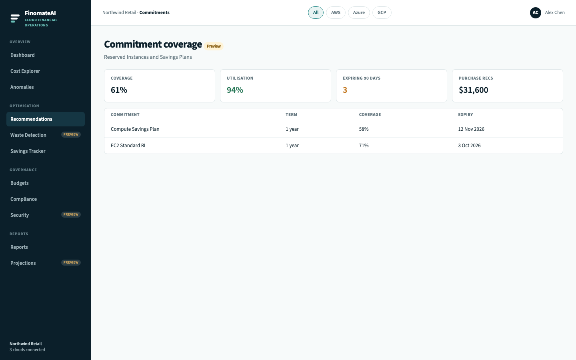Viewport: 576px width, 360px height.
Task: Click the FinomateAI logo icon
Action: click(x=15, y=18)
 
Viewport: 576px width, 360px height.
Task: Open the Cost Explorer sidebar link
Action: click(x=25, y=71)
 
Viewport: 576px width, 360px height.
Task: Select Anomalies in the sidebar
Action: click(x=22, y=87)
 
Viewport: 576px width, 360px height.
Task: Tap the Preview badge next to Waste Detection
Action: click(x=71, y=134)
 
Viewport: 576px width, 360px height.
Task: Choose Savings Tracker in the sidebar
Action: click(x=28, y=151)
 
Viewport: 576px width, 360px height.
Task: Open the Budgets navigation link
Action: click(x=19, y=183)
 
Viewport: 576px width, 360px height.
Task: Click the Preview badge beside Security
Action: click(x=71, y=214)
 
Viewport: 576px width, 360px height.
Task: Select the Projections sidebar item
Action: click(x=23, y=263)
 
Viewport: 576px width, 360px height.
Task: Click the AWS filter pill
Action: click(x=336, y=13)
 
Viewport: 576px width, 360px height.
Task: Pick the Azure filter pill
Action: click(x=359, y=13)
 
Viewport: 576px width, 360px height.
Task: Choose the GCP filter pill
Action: click(x=382, y=13)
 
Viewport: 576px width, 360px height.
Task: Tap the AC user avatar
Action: click(x=535, y=13)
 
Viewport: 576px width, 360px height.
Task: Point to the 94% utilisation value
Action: click(x=235, y=90)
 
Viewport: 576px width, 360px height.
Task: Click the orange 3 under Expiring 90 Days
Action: click(x=345, y=90)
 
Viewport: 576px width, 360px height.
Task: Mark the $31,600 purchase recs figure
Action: click(x=474, y=90)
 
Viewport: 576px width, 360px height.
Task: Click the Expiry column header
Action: click(x=466, y=115)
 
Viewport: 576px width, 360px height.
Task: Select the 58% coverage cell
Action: click(x=364, y=129)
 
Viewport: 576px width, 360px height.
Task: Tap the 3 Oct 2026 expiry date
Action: click(x=469, y=146)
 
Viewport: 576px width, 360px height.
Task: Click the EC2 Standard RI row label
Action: click(x=128, y=146)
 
